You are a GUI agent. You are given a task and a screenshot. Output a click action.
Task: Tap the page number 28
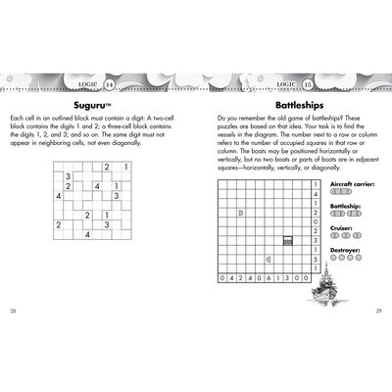pos(13,311)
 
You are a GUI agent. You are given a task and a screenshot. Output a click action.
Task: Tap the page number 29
pos(378,311)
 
